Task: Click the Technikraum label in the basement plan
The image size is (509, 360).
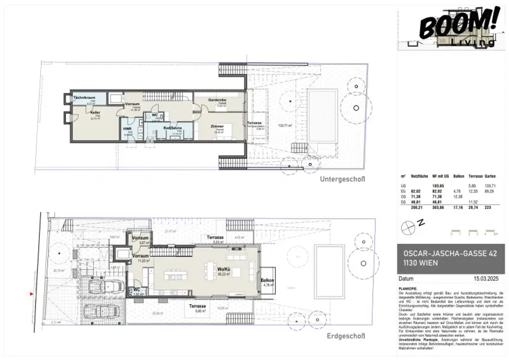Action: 84,97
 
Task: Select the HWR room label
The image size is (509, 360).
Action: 127,128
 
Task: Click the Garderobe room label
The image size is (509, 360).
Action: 217,100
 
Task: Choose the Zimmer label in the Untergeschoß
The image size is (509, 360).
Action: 217,126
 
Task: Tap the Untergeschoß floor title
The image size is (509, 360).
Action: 342,179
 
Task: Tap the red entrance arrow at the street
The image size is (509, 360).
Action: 32,294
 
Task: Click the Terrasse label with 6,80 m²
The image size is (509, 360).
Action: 197,306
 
